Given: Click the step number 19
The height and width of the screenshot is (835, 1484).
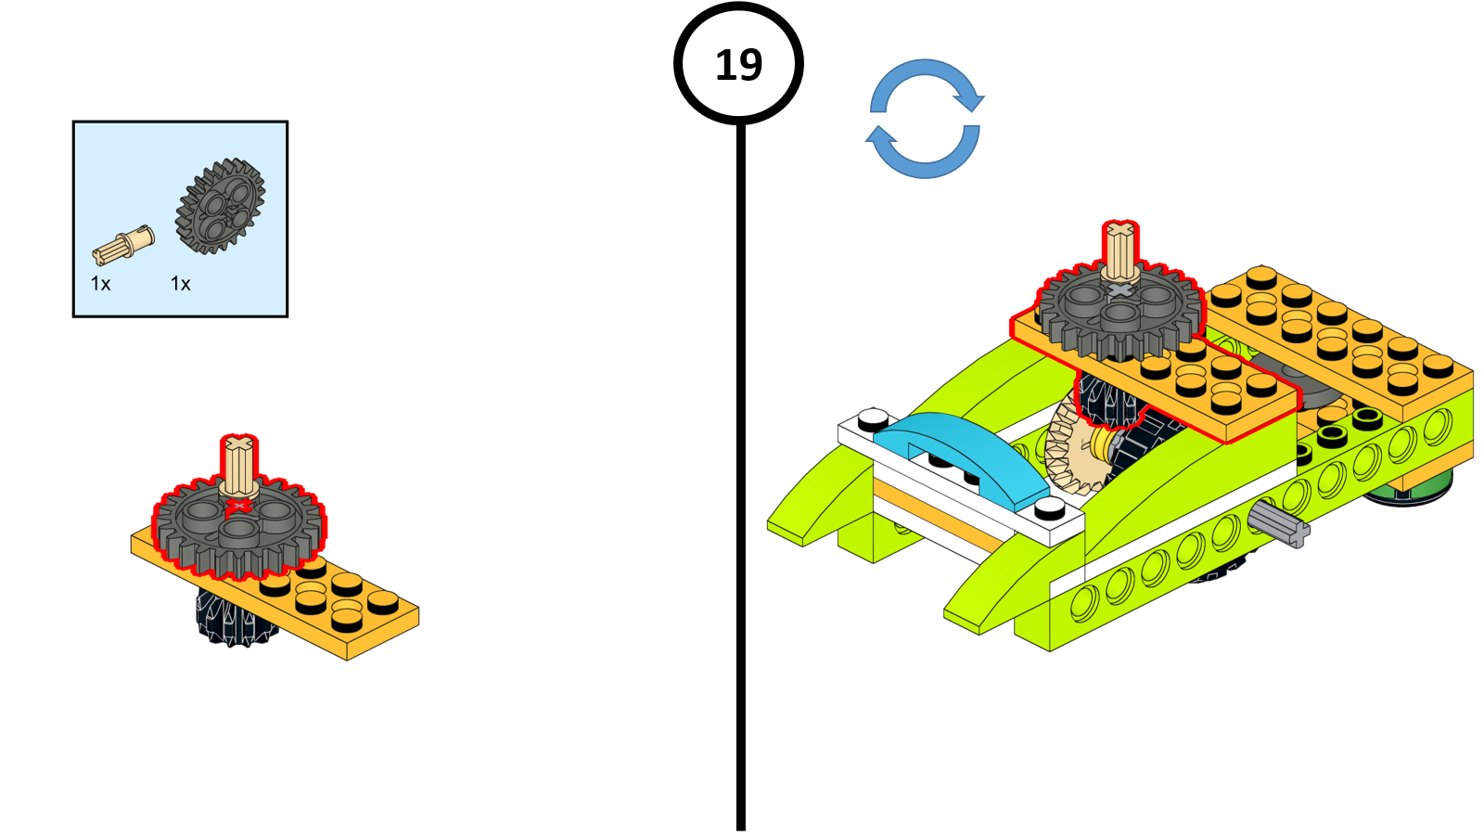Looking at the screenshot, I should click(738, 65).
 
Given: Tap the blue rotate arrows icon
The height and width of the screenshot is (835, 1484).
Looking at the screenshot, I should click(925, 119).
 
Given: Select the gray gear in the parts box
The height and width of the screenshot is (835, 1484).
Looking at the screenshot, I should click(221, 206).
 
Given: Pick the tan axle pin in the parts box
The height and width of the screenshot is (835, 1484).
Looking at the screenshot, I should click(123, 245).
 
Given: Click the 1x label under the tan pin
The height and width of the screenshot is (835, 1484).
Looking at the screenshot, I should click(100, 284).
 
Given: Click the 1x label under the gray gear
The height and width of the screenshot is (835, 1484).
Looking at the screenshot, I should click(181, 284).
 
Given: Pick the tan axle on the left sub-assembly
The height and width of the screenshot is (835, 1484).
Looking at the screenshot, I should click(238, 464).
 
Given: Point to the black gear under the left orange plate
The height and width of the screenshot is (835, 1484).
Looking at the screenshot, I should click(232, 617).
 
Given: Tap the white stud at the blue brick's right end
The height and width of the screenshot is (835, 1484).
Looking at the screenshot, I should click(1050, 507).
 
